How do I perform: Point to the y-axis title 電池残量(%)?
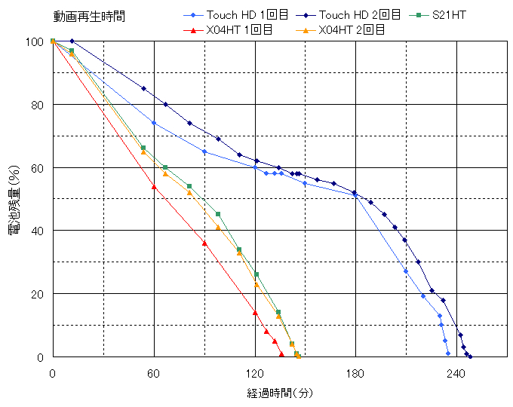[x=14, y=199]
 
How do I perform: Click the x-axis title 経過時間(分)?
[x=279, y=393]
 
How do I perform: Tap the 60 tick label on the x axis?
[x=154, y=373]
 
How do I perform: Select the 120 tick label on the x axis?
[x=255, y=373]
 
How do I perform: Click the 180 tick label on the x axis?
[x=355, y=373]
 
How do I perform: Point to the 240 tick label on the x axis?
[x=456, y=373]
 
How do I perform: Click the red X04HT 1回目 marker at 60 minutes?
[x=154, y=186]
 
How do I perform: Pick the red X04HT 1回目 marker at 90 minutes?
[x=204, y=243]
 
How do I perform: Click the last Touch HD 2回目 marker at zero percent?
[x=470, y=357]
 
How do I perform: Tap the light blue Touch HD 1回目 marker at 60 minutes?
[x=154, y=123]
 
